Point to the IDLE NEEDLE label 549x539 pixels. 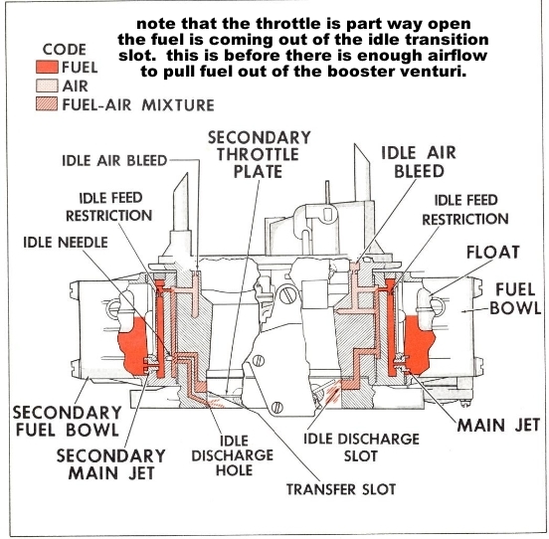pos(67,242)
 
